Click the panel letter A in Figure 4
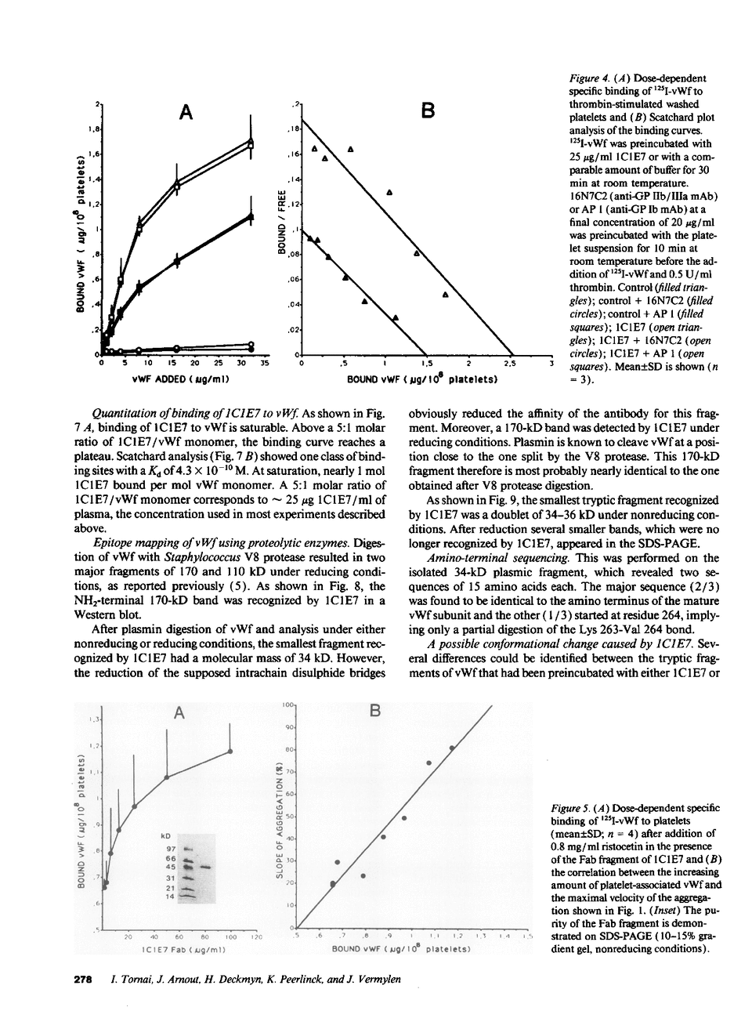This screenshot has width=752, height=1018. pos(186,113)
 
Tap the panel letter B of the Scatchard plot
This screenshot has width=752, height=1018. pos(428,111)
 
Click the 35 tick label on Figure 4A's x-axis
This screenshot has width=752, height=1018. pos(265,364)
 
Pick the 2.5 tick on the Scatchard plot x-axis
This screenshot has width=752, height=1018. pos(510,364)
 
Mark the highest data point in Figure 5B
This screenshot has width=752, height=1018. pos(452,748)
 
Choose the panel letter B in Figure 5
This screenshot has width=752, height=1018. pos(374,712)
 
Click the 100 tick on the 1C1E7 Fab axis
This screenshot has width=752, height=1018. pos(230,936)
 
